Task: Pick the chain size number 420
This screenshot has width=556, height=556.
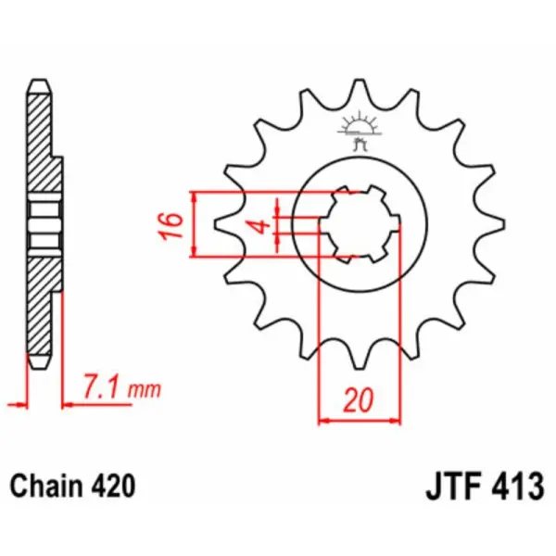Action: pos(112,486)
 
